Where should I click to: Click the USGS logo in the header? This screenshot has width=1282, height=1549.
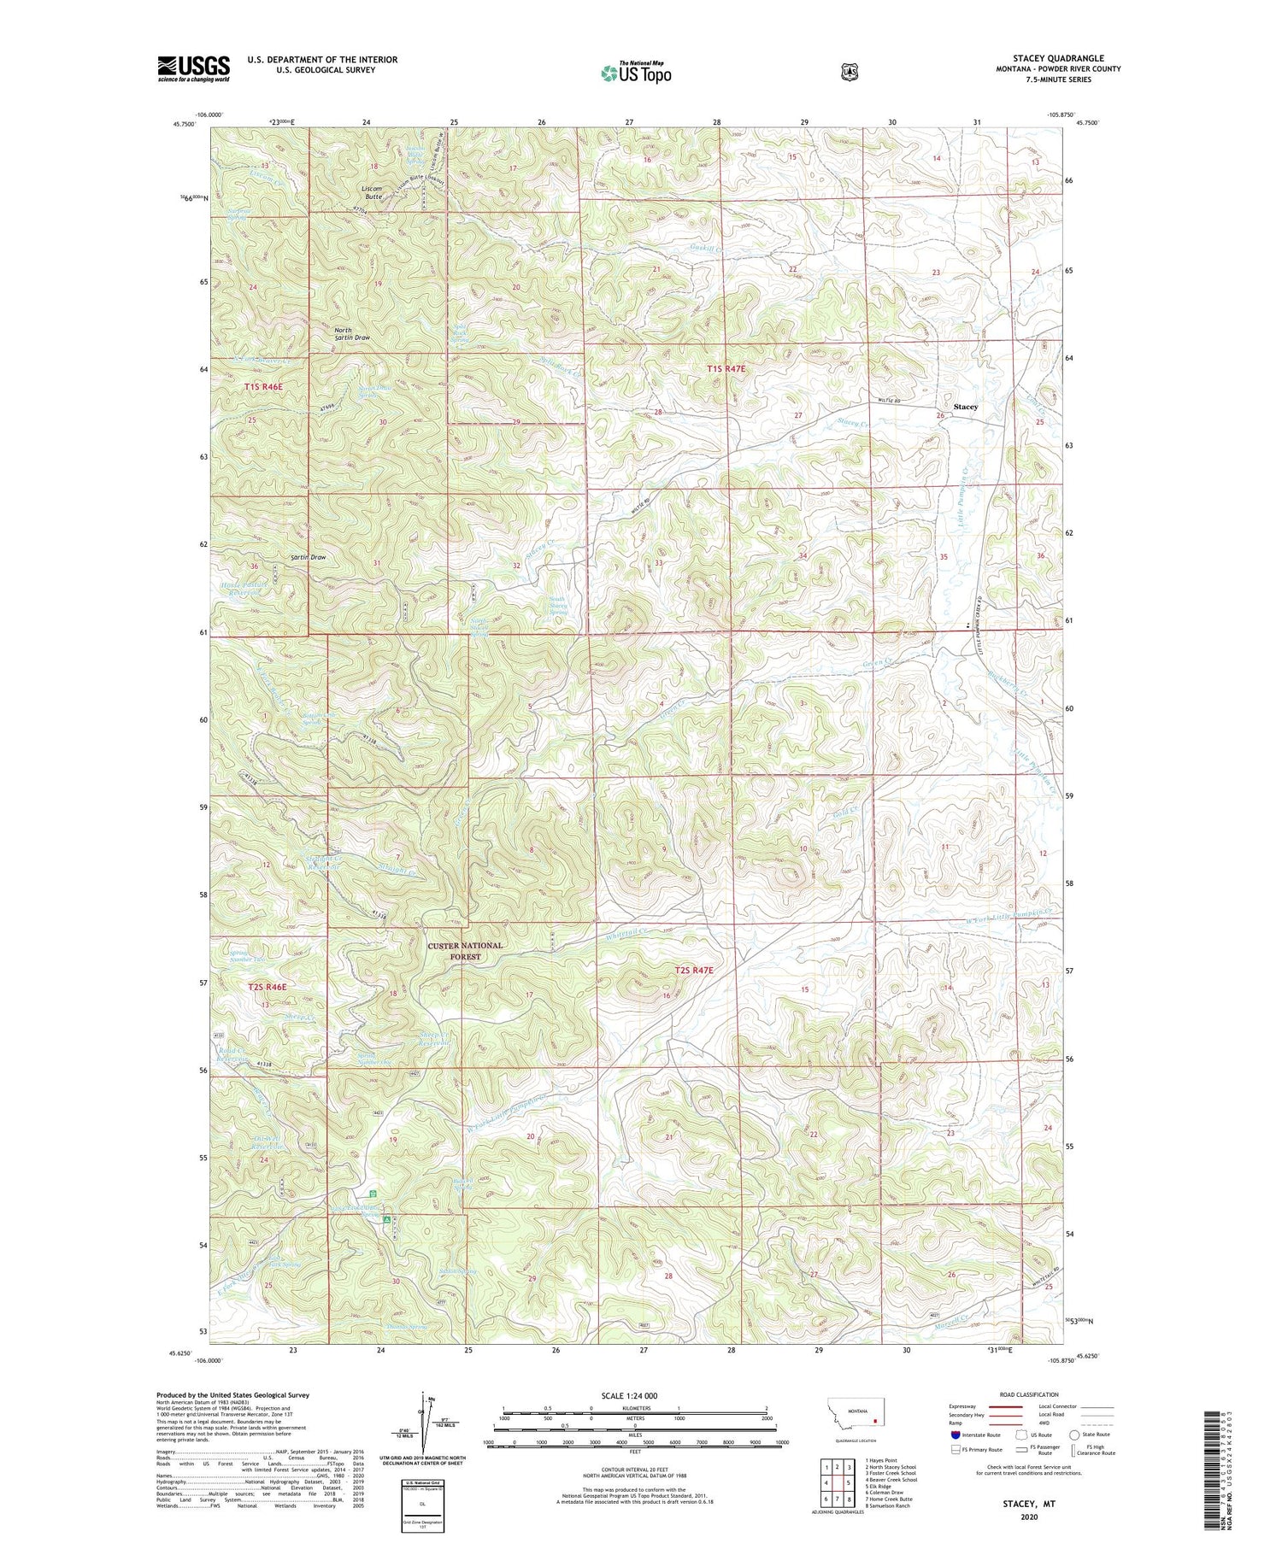[193, 68]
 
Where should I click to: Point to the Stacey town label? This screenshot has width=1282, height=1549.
[965, 407]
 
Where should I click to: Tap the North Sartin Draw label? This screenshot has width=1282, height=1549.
[352, 333]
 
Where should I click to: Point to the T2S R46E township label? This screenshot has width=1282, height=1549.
[267, 986]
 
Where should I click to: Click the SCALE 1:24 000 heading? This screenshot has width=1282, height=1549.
[634, 1395]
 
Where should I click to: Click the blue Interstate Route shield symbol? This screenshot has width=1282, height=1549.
[955, 1435]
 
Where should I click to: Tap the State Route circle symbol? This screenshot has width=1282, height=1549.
[1073, 1435]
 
